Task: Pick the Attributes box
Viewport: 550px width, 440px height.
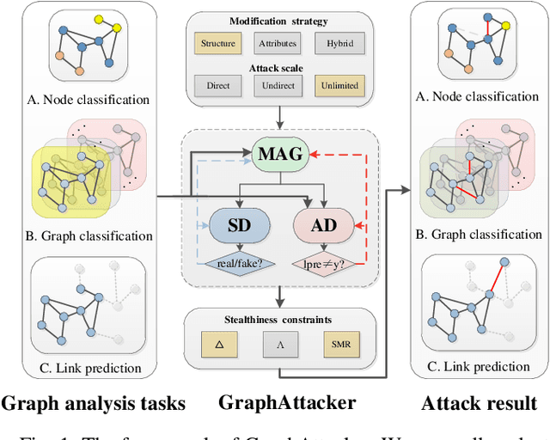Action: pos(277,42)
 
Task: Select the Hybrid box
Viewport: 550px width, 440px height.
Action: pos(337,42)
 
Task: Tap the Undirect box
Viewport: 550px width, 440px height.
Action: pos(277,85)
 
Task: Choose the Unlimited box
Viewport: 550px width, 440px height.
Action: pos(337,85)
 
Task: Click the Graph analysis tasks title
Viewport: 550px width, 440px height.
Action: pos(93,402)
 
